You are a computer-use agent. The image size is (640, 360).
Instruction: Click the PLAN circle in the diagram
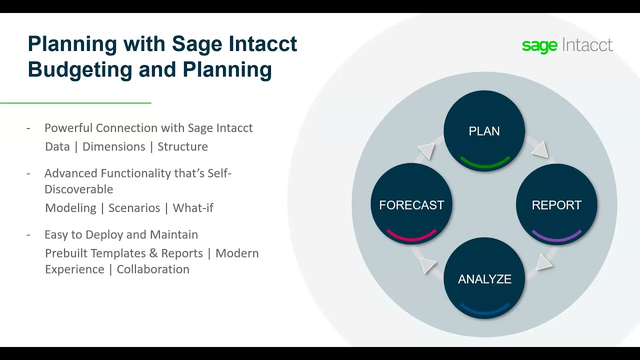pyautogui.click(x=484, y=131)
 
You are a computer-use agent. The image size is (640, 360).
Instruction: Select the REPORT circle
pyautogui.click(x=556, y=205)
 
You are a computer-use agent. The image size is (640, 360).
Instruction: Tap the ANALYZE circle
pyautogui.click(x=484, y=279)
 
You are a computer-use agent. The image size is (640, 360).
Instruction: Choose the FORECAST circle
pyautogui.click(x=411, y=205)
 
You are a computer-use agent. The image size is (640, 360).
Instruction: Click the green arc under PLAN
pyautogui.click(x=484, y=163)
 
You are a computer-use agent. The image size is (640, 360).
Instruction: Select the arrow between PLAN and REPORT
pyautogui.click(x=539, y=149)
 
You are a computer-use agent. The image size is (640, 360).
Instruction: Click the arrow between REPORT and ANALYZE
pyautogui.click(x=544, y=262)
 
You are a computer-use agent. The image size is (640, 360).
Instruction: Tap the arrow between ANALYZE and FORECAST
pyautogui.click(x=427, y=264)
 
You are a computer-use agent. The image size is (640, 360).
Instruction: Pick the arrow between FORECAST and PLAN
pyautogui.click(x=426, y=150)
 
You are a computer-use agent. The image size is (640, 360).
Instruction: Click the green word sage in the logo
pyautogui.click(x=539, y=45)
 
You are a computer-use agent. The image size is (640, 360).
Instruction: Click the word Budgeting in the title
pyautogui.click(x=79, y=69)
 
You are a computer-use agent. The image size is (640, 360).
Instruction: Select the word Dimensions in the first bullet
pyautogui.click(x=113, y=146)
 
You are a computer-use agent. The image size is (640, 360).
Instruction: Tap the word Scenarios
pyautogui.click(x=134, y=208)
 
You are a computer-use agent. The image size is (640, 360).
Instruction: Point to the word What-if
pyautogui.click(x=193, y=208)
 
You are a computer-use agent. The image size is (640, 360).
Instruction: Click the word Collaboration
pyautogui.click(x=153, y=269)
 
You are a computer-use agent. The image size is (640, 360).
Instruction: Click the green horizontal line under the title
pyautogui.click(x=75, y=103)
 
